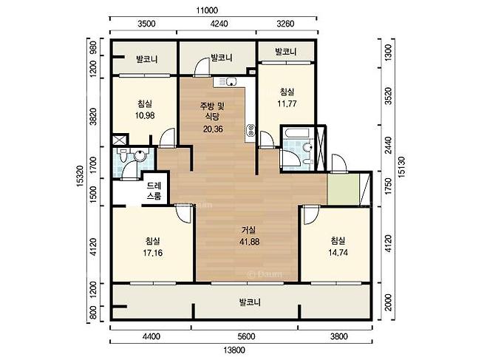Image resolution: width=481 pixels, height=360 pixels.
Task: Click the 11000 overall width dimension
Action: click(207, 10)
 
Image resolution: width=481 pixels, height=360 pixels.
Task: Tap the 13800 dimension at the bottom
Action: click(234, 350)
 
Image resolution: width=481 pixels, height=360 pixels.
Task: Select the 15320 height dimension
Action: click(80, 176)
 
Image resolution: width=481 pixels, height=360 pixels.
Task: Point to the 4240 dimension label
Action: click(219, 24)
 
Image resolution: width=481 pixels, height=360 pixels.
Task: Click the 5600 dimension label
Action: click(246, 336)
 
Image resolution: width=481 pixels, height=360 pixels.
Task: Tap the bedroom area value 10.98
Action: click(145, 115)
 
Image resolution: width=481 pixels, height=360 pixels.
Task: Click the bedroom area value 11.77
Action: click(287, 103)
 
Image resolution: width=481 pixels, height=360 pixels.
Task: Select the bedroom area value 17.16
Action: click(152, 253)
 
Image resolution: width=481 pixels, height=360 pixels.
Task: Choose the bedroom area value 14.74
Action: click(338, 253)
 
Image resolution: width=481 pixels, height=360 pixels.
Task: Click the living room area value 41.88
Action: click(250, 242)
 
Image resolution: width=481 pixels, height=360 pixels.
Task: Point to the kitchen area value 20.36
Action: click(213, 129)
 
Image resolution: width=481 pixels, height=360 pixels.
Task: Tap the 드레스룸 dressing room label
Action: click(154, 191)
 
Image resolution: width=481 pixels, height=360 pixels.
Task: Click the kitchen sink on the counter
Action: click(231, 81)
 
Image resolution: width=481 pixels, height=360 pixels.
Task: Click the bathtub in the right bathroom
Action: click(296, 133)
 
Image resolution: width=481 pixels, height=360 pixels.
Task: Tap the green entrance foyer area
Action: click(344, 189)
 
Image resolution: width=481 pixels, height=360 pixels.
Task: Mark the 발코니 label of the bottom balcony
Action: click(250, 302)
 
